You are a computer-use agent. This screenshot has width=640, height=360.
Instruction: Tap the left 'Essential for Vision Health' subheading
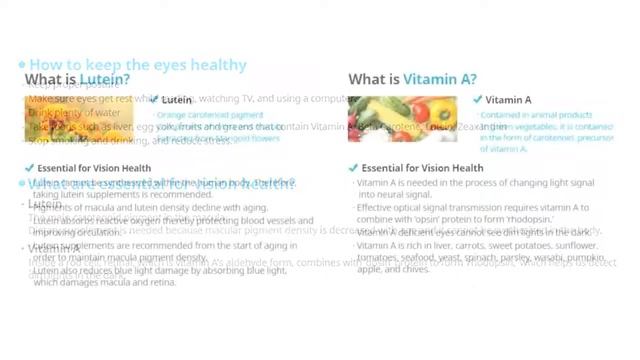94,169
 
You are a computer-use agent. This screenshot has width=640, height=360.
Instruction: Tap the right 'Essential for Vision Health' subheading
417,169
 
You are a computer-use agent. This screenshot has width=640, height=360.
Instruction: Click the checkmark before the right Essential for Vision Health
353,169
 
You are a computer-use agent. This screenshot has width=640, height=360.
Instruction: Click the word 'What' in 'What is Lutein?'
45,80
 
